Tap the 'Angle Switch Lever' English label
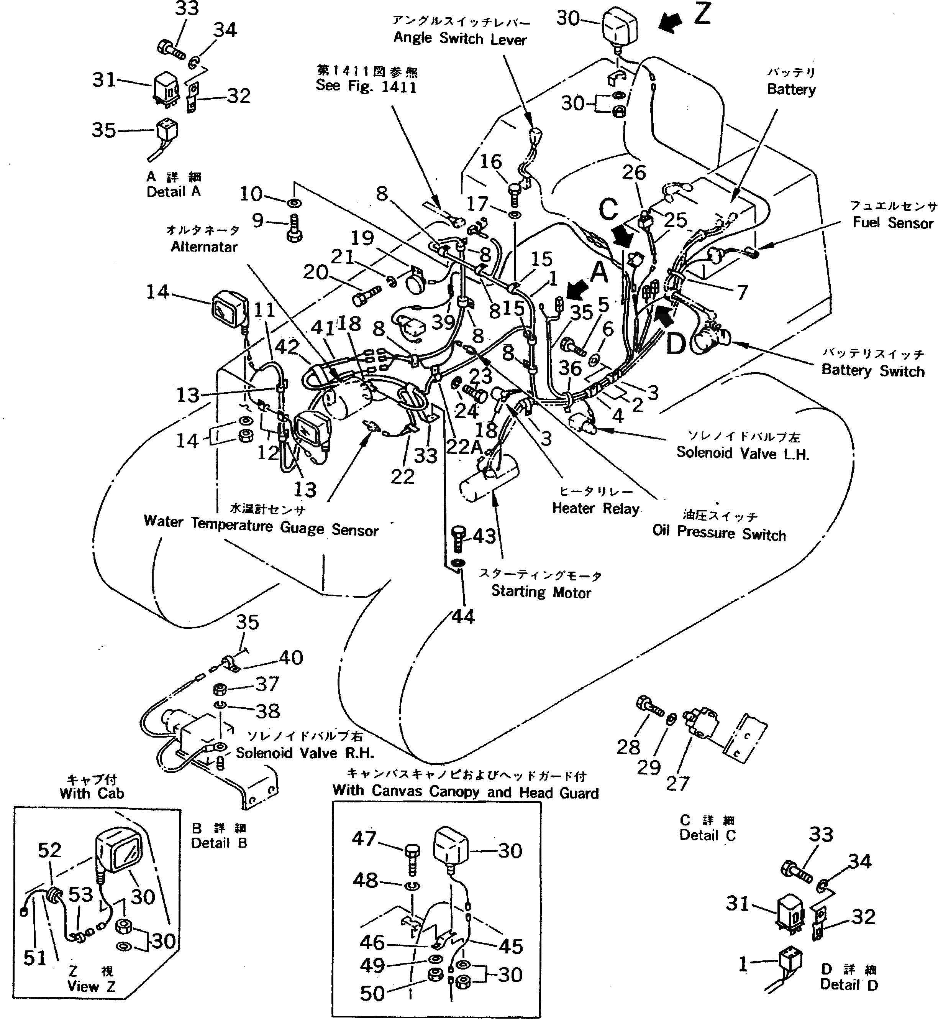460,39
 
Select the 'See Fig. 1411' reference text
366,86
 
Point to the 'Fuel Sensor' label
893,222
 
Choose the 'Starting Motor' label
541,592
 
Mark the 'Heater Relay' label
595,508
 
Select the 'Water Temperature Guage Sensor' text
261,526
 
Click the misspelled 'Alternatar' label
204,247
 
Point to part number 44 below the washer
463,616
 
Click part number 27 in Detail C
677,783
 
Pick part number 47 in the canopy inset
364,839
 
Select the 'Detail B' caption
219,843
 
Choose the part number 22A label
463,447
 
